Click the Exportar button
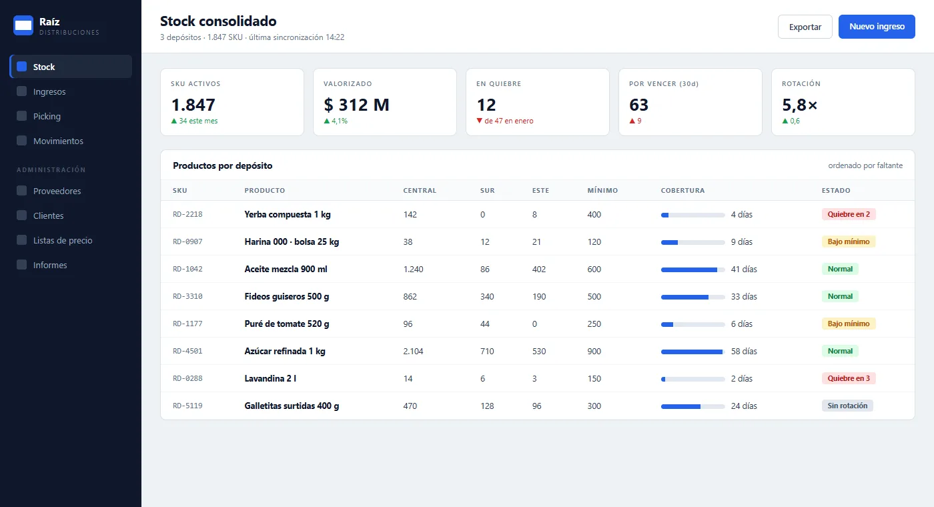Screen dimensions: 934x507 805,27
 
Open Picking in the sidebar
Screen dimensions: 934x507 47,116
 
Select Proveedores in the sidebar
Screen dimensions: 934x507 57,191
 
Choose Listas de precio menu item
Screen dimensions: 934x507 63,241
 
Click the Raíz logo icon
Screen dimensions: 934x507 23,25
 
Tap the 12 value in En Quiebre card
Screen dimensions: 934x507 486,105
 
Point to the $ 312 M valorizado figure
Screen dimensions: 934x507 356,105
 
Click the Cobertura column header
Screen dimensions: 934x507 682,191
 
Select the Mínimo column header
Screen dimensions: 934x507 602,191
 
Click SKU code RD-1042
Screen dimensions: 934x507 187,269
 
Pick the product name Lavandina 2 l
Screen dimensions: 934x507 270,379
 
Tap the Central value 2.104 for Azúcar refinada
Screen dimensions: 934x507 413,352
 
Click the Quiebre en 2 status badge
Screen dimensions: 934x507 849,214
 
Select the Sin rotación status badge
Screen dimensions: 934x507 847,406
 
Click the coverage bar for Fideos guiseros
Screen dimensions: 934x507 692,298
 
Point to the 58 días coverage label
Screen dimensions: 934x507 744,352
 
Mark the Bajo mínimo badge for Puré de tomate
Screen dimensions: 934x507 849,324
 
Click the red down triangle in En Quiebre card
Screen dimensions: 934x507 480,121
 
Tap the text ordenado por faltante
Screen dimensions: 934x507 865,165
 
